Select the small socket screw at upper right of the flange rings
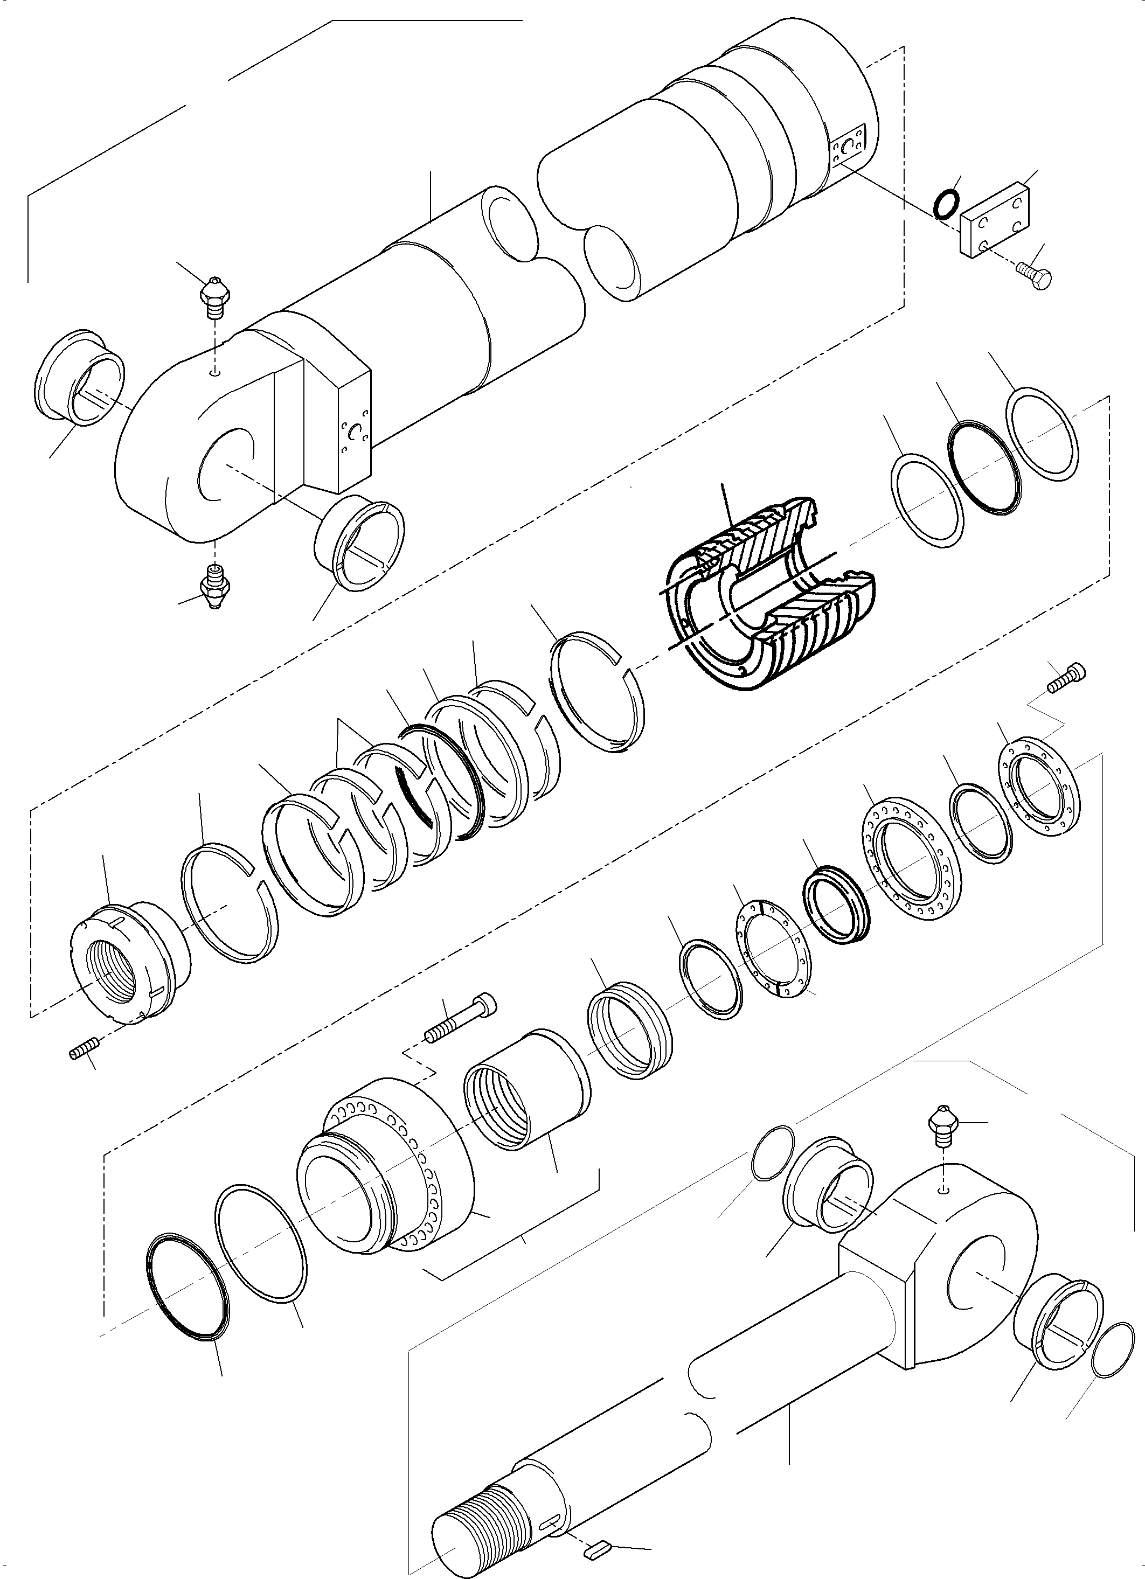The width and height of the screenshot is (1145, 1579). click(1066, 676)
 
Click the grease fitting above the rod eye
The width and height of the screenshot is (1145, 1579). click(943, 1137)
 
